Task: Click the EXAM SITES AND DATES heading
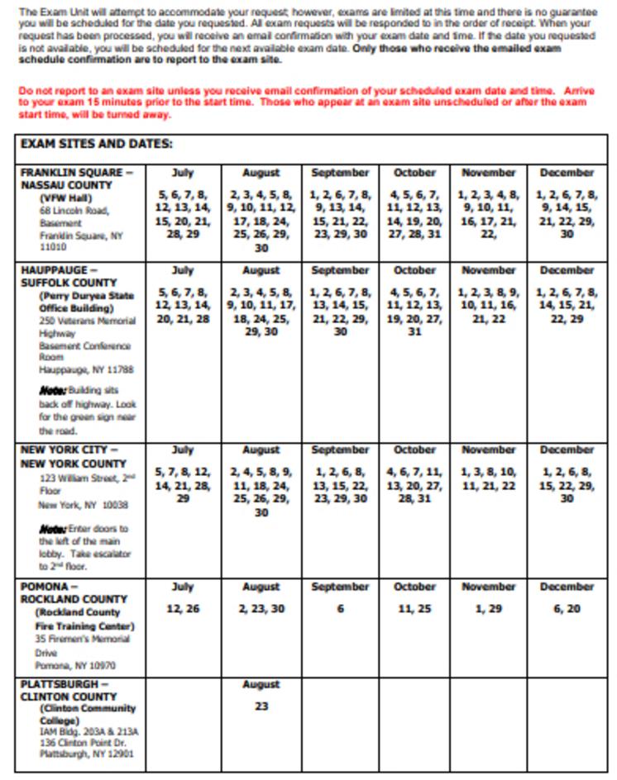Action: tap(96, 144)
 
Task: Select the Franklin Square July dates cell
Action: tap(182, 214)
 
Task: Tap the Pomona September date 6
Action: tap(340, 609)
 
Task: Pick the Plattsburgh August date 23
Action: tap(261, 706)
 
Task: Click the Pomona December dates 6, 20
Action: tap(567, 609)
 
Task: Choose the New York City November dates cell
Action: tap(488, 479)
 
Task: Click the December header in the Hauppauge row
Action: tap(567, 270)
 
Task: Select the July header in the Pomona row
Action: tap(182, 587)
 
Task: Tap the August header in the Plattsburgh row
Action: tap(261, 684)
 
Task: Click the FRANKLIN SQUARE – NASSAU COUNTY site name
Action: tap(77, 178)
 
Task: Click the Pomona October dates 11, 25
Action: tap(414, 609)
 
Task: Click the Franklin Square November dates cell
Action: tap(488, 214)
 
